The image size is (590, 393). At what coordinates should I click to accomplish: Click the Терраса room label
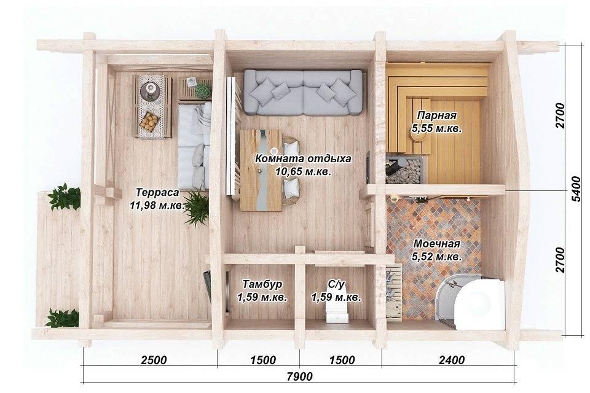[x=157, y=192]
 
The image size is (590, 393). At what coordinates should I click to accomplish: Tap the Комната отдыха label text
[x=303, y=158]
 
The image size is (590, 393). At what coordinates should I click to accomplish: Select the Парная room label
[x=437, y=115]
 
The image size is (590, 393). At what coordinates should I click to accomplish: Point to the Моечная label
[x=436, y=244]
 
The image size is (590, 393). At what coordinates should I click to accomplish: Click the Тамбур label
[x=262, y=284]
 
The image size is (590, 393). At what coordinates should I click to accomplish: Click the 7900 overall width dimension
[x=299, y=376]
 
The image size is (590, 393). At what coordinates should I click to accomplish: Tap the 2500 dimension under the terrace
[x=154, y=360]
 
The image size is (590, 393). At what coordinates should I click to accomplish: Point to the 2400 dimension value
[x=452, y=360]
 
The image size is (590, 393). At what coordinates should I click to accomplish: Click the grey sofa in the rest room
[x=303, y=93]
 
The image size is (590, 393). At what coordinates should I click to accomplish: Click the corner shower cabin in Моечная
[x=470, y=299]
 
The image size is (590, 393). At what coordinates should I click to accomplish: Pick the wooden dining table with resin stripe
[x=261, y=170]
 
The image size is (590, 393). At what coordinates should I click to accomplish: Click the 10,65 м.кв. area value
[x=303, y=172]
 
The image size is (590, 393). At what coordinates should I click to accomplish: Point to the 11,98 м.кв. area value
[x=157, y=205]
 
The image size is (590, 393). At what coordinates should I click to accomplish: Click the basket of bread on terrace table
[x=149, y=121]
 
